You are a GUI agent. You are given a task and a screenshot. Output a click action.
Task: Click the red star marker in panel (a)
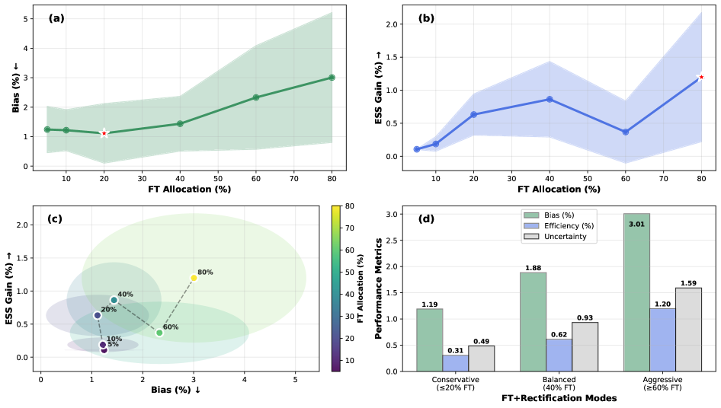(x=104, y=133)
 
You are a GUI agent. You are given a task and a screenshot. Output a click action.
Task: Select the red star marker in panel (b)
(x=701, y=77)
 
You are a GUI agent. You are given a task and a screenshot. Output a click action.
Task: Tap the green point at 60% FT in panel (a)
(x=256, y=97)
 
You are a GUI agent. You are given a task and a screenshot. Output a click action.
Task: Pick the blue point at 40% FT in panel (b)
(x=549, y=100)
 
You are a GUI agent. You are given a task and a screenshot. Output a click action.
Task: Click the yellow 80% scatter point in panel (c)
(x=194, y=278)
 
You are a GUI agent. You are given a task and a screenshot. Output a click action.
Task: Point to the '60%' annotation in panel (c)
(x=171, y=327)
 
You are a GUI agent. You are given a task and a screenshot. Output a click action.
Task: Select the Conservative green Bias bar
(x=430, y=339)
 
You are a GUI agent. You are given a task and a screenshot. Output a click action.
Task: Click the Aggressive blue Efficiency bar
(x=662, y=339)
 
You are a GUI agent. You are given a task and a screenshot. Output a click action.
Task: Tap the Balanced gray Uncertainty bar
(x=585, y=346)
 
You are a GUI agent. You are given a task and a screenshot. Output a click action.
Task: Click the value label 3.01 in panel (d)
(x=636, y=224)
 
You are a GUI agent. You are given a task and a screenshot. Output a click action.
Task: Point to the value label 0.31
(x=456, y=350)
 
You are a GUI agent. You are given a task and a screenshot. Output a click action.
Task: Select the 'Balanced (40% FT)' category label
(x=559, y=383)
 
